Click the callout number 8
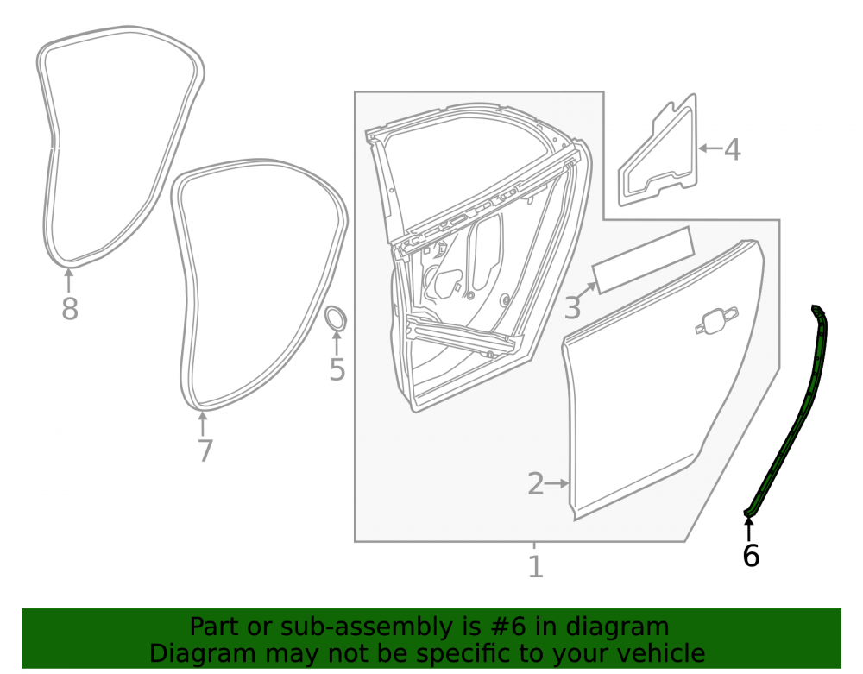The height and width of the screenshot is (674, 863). (x=69, y=308)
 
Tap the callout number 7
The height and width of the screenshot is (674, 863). (x=205, y=450)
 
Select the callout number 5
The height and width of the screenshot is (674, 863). (x=337, y=368)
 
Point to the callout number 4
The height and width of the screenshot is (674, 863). (x=732, y=149)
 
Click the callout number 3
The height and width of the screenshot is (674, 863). (x=572, y=307)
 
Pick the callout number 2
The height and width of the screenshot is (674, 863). (x=536, y=483)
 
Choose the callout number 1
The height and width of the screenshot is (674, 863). (x=536, y=567)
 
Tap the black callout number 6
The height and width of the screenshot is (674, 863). (x=751, y=555)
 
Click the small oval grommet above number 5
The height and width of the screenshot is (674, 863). (x=335, y=318)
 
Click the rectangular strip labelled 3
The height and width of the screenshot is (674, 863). (x=642, y=261)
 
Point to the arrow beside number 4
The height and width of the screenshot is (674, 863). (x=710, y=148)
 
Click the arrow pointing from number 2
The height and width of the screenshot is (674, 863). (x=557, y=483)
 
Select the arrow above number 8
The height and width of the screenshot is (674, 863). (x=69, y=280)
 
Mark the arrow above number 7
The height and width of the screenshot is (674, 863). (x=203, y=424)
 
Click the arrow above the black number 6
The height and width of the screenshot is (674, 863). (x=748, y=529)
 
